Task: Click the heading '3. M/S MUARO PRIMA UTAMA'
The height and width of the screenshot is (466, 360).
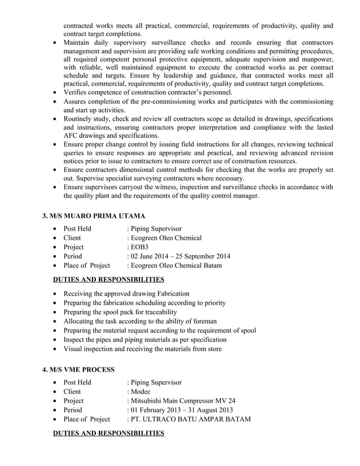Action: tap(94, 216)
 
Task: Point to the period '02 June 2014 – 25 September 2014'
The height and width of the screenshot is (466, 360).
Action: tap(180, 256)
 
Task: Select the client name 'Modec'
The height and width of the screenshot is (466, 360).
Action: tap(140, 392)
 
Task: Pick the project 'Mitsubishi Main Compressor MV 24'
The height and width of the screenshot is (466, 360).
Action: tap(183, 401)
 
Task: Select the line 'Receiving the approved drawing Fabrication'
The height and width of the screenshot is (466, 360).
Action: tap(126, 293)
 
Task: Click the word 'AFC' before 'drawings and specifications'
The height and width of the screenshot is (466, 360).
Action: tap(72, 135)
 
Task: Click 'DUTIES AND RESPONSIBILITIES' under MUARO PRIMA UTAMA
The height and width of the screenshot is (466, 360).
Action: tap(108, 279)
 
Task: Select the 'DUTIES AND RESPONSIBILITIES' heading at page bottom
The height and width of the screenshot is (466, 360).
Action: tap(108, 433)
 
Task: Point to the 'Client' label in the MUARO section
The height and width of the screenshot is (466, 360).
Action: tap(72, 238)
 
